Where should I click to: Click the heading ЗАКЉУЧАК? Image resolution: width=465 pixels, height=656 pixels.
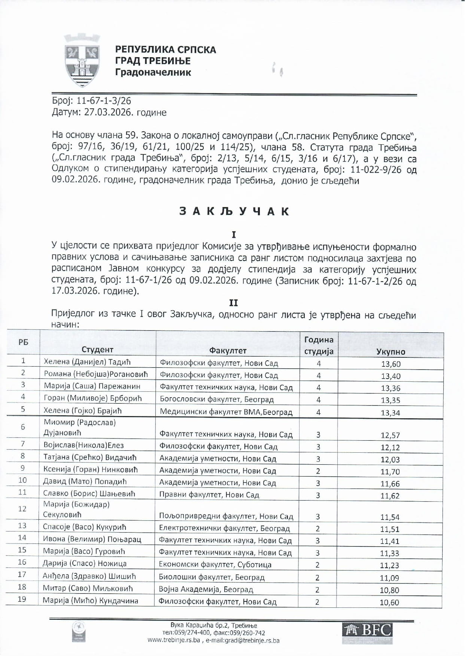[x=234, y=212]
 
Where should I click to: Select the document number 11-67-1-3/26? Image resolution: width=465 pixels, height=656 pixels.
[x=104, y=101]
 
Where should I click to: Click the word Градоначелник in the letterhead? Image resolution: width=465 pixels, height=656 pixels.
[x=153, y=72]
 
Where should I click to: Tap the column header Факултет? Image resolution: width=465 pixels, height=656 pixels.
[x=228, y=351]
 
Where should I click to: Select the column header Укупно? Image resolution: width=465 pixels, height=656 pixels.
[x=390, y=352]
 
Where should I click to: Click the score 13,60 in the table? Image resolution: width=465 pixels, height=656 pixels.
[x=390, y=364]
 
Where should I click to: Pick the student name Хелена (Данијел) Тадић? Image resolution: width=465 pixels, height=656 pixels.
[x=87, y=362]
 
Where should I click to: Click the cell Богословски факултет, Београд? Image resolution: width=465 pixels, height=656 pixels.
[x=217, y=400]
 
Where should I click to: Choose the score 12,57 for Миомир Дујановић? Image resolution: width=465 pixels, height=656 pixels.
[x=390, y=435]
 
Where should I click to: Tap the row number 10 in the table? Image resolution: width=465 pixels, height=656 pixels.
[x=22, y=480]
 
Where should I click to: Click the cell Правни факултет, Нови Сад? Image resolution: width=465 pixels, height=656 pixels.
[x=209, y=495]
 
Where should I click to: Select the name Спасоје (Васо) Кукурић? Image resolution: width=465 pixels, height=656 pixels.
[x=85, y=527]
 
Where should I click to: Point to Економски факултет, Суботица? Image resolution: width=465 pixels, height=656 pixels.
[x=215, y=565]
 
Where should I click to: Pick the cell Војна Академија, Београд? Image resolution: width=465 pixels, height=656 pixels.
[x=206, y=590]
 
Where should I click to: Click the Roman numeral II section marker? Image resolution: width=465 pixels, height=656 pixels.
[x=234, y=303]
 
